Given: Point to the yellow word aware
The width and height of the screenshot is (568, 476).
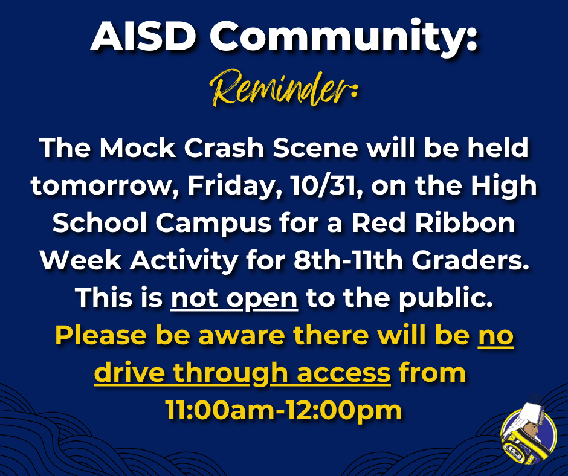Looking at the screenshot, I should [234, 336].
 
